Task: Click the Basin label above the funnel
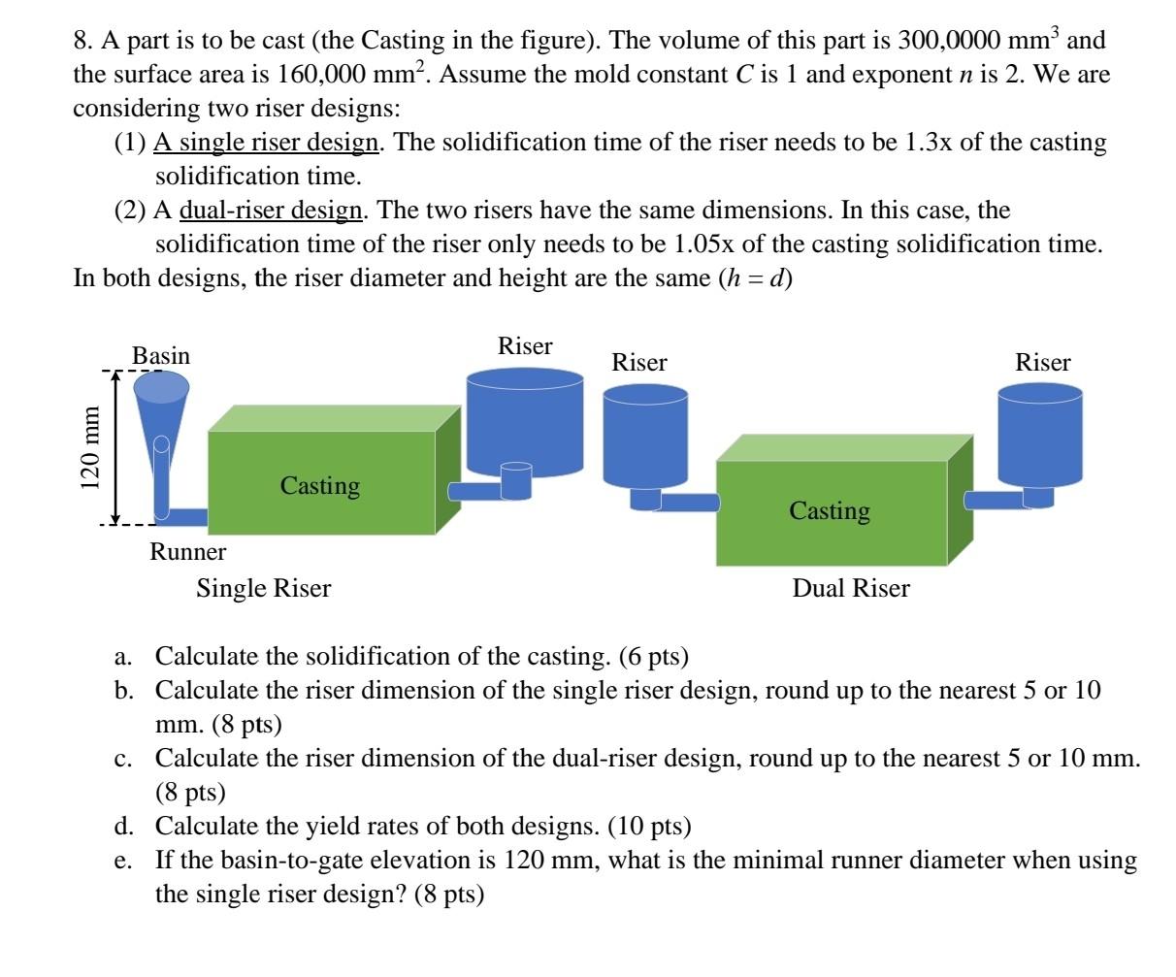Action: click(x=161, y=356)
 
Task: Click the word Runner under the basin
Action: click(x=187, y=552)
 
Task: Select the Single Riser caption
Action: click(x=264, y=588)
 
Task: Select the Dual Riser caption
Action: click(x=851, y=588)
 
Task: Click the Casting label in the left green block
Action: click(x=320, y=485)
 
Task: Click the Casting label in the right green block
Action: click(x=830, y=510)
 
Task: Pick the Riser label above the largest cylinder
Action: click(x=525, y=346)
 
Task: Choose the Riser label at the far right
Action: click(x=1043, y=363)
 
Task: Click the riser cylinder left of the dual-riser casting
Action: click(x=645, y=437)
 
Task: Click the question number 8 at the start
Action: click(x=82, y=41)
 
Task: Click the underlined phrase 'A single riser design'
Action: click(x=267, y=143)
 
